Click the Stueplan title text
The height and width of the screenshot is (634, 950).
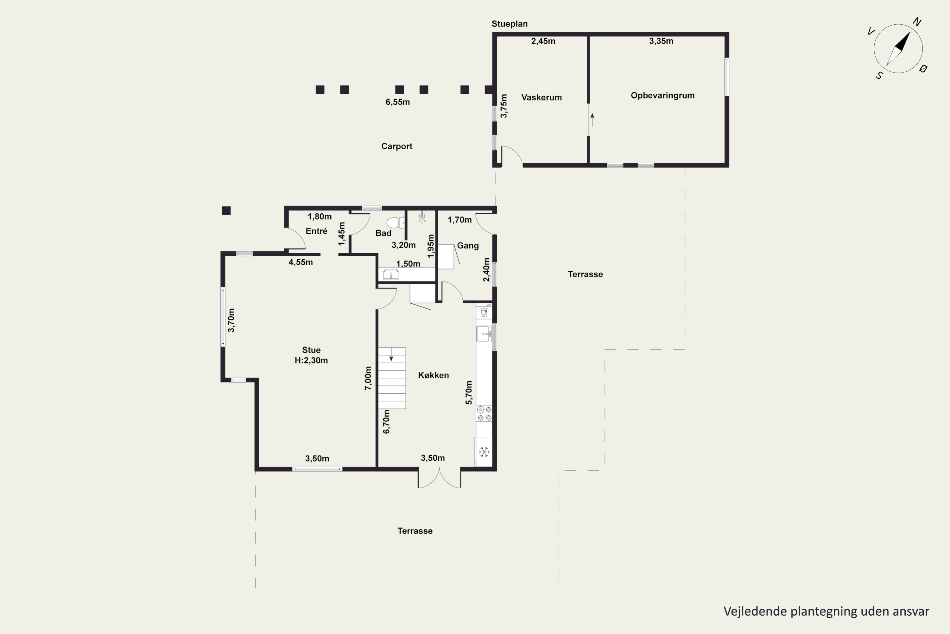[x=509, y=24]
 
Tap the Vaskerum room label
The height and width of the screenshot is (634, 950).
[x=541, y=97]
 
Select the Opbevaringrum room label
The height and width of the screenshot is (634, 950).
[x=662, y=95]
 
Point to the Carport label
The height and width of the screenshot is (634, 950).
[x=397, y=146]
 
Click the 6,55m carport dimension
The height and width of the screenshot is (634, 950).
[x=397, y=102]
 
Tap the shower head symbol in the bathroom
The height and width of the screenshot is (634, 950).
[x=422, y=218]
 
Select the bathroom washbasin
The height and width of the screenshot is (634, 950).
[x=390, y=275]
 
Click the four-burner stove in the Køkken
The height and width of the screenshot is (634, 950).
[x=484, y=414]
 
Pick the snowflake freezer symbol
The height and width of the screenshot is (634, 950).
[x=484, y=452]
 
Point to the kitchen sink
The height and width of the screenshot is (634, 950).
[x=484, y=334]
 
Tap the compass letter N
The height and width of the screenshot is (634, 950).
[x=916, y=22]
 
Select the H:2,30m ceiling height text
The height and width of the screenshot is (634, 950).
[x=311, y=360]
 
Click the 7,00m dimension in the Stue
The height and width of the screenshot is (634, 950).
[x=368, y=378]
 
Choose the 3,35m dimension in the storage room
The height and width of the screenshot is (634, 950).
[x=661, y=41]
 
